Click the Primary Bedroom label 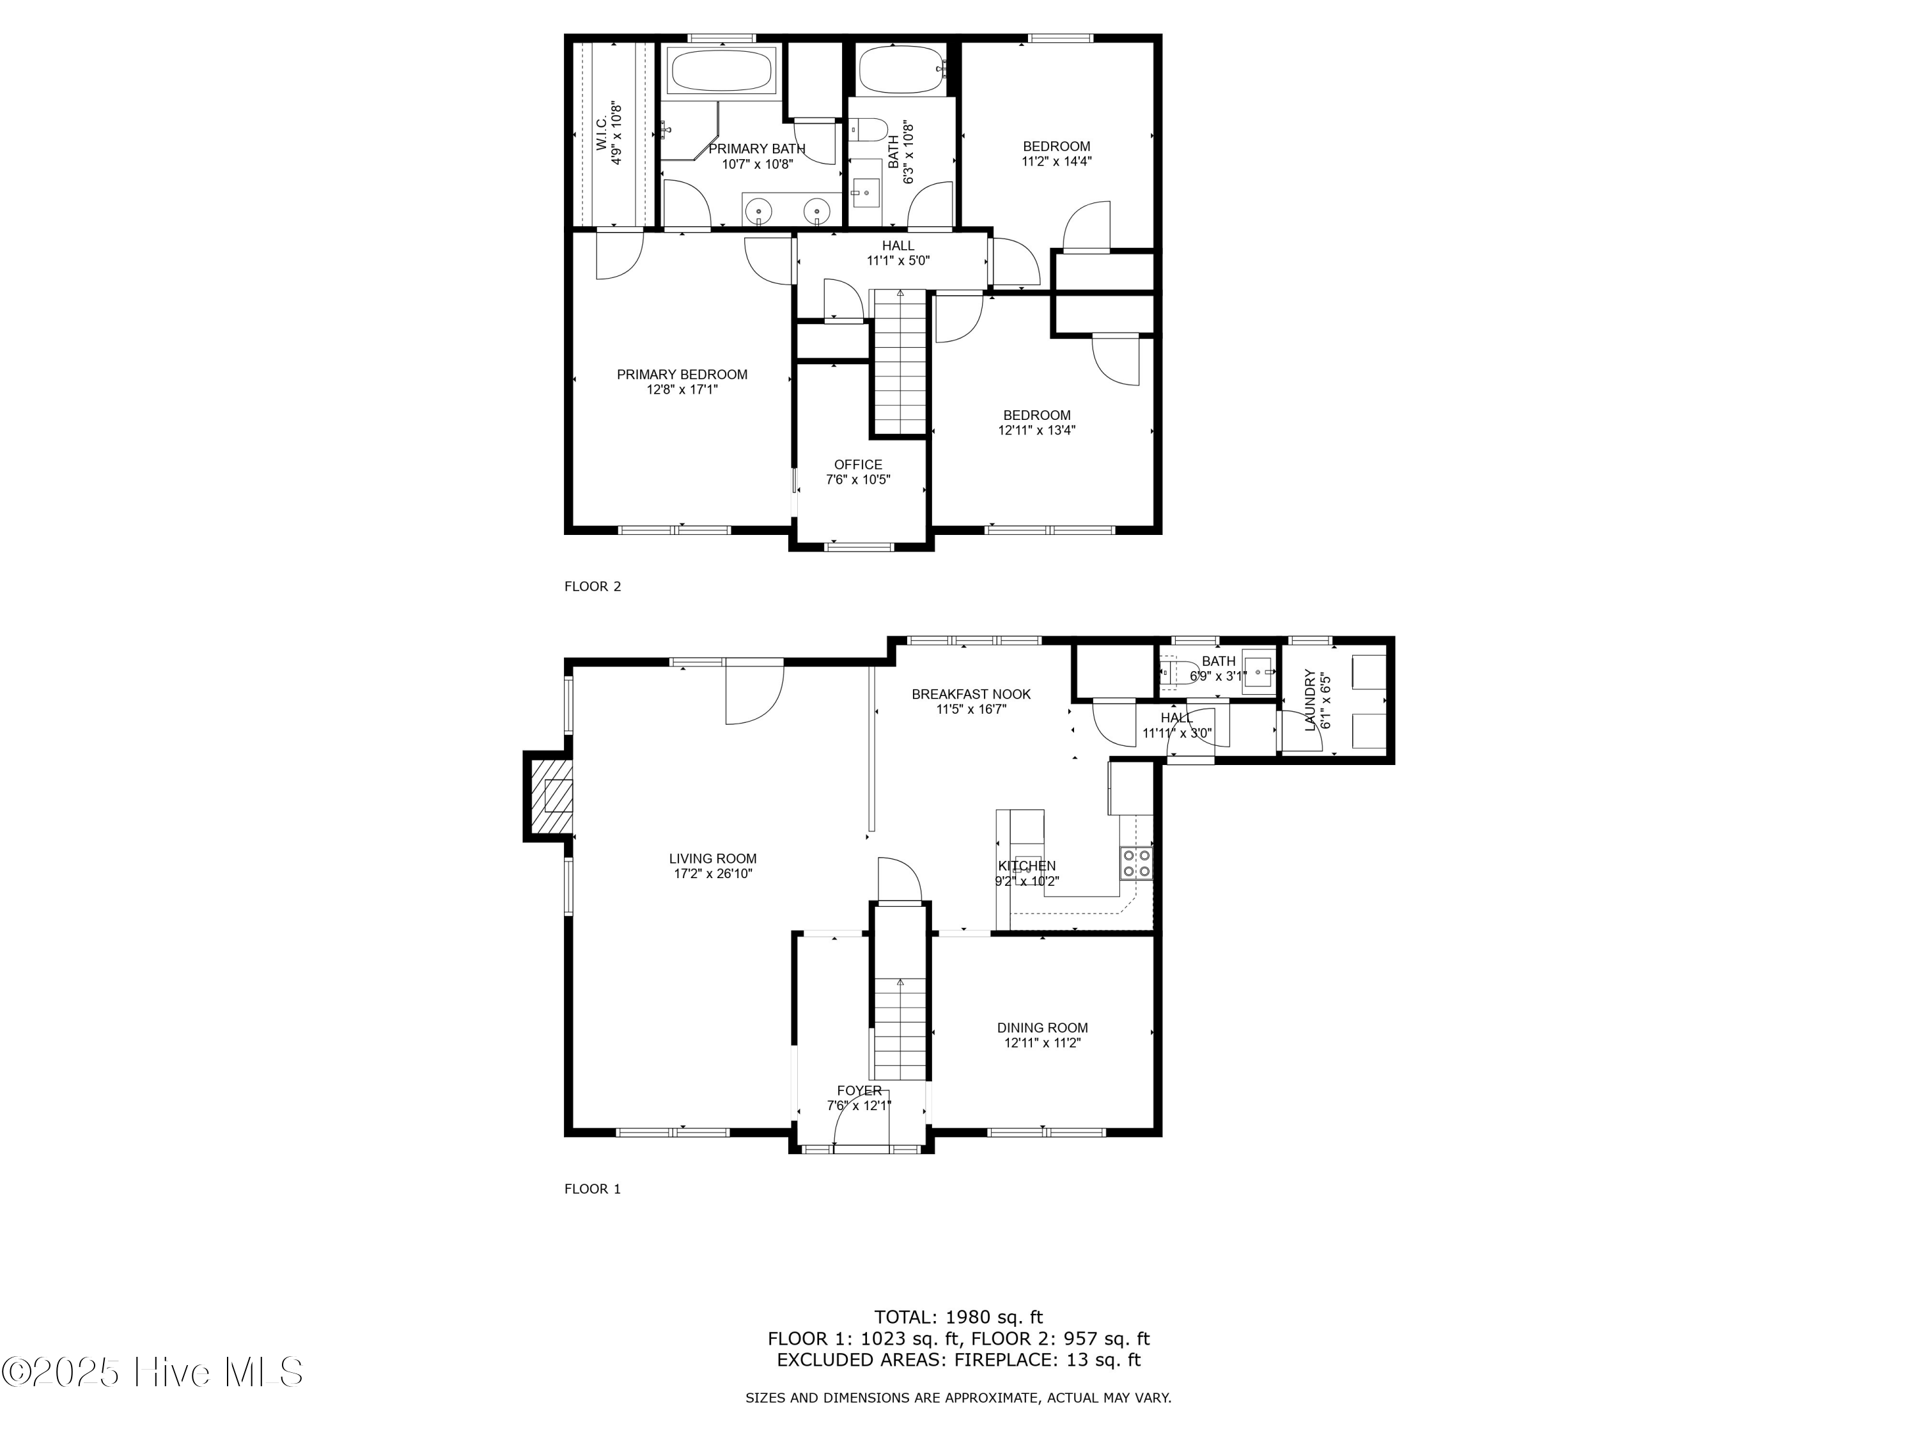[x=682, y=375]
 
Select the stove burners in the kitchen [x=1137, y=863]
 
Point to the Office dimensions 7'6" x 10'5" [x=857, y=479]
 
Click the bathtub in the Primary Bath [x=722, y=71]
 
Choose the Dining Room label [x=1041, y=1028]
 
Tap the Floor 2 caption [x=592, y=586]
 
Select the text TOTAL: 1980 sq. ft [x=958, y=1317]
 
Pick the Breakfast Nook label [x=971, y=693]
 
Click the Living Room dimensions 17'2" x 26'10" [x=713, y=874]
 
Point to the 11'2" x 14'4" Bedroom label [x=1056, y=146]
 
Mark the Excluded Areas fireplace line [x=958, y=1359]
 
